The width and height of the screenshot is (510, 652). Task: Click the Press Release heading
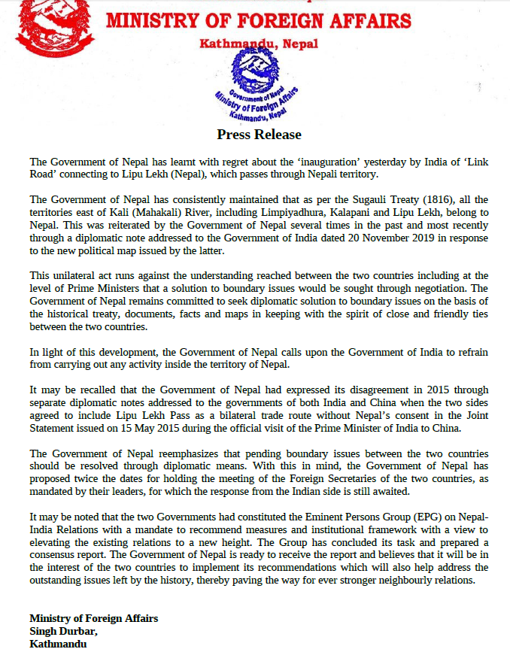tap(259, 135)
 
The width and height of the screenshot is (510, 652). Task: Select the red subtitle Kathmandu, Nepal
tap(259, 44)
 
